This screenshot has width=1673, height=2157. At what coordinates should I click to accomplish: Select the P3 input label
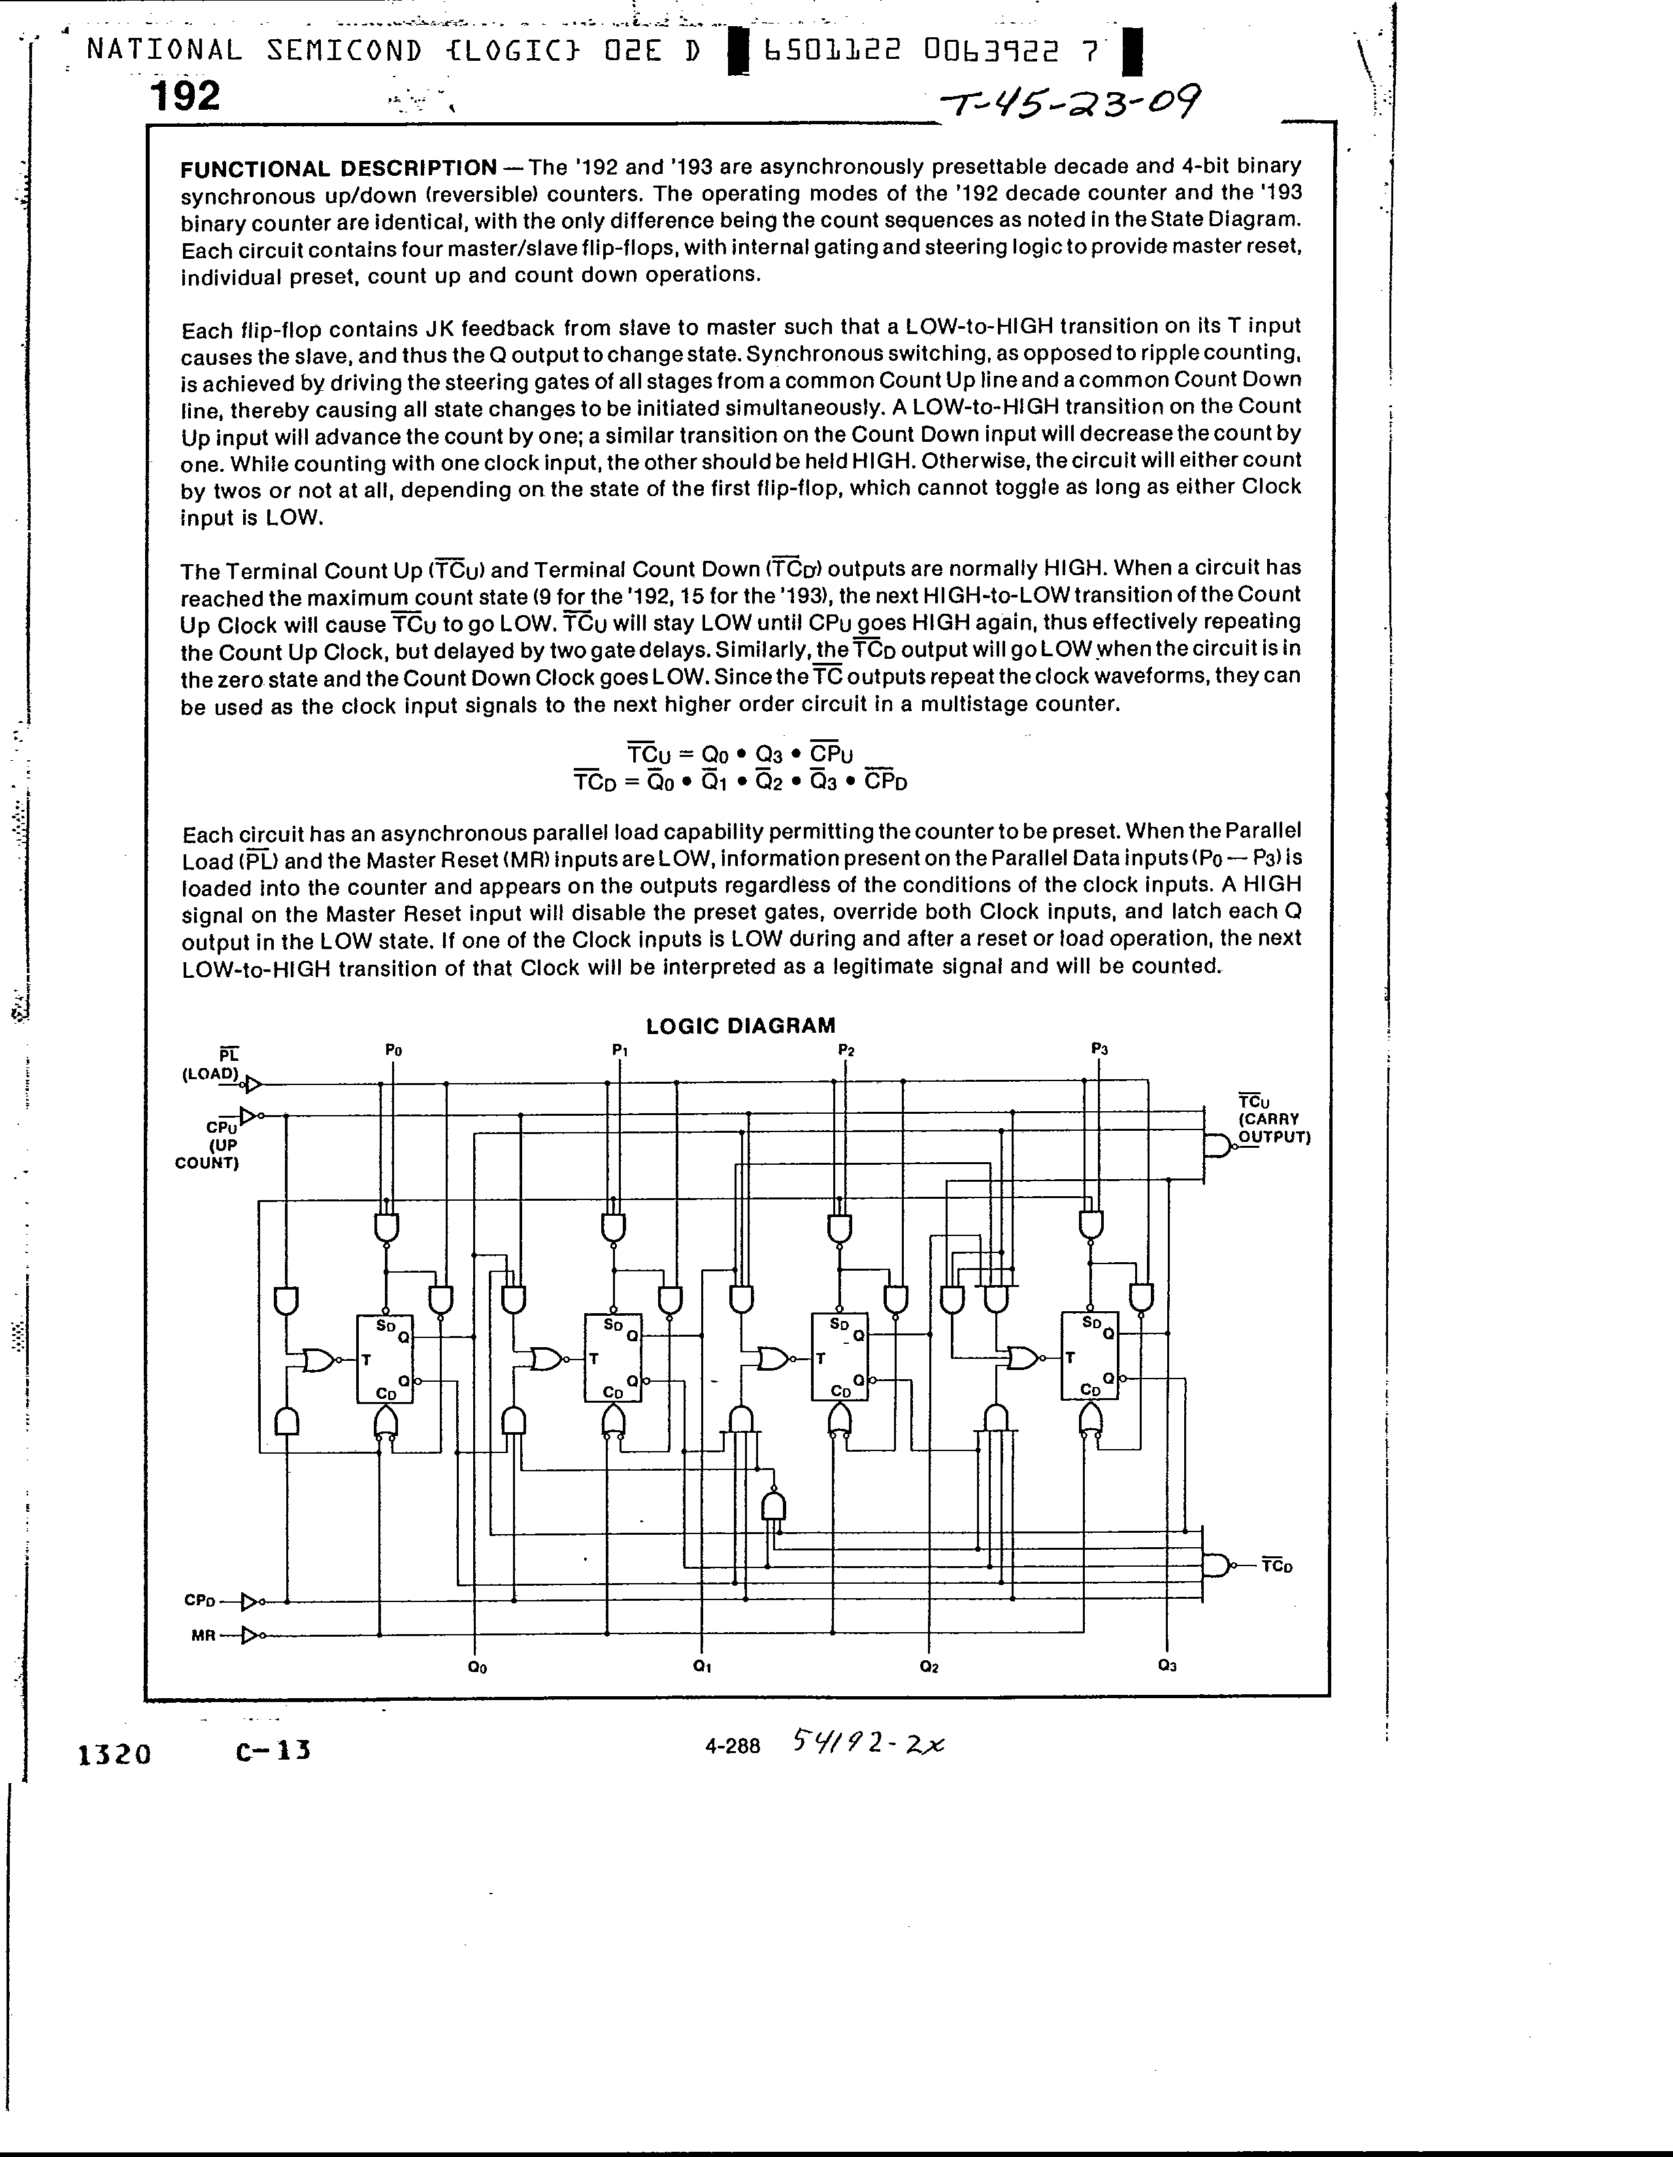[1099, 1049]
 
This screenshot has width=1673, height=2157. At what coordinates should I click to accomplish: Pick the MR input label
[203, 1635]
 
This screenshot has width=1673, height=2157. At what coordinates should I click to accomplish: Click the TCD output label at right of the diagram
[1277, 1566]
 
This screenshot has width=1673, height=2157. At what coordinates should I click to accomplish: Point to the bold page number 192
[185, 97]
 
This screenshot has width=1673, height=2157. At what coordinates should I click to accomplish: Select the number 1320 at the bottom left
[114, 1754]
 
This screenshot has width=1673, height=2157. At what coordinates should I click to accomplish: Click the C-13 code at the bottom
[274, 1751]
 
